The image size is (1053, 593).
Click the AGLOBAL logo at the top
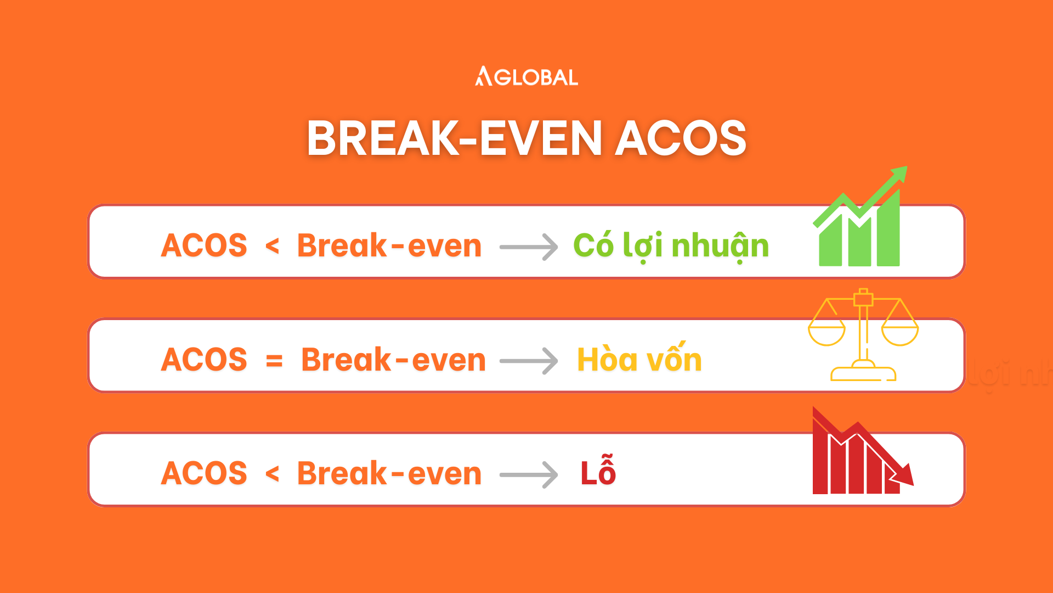(x=526, y=77)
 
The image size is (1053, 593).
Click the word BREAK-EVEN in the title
(x=455, y=138)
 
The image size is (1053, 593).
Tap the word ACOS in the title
(x=681, y=138)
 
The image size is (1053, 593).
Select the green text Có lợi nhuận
(x=671, y=245)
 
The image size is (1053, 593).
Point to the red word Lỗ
(x=598, y=471)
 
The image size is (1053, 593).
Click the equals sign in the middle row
(x=274, y=361)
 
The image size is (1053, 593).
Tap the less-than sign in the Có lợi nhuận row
(x=272, y=245)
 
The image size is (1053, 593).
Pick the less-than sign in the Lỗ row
(x=272, y=473)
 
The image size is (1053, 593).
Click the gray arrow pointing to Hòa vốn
(x=529, y=361)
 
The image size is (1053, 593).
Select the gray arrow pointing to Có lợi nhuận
(x=529, y=247)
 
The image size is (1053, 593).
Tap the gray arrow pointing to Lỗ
(x=529, y=474)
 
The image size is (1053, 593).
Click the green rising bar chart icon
(x=859, y=217)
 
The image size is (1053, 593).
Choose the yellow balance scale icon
(x=863, y=335)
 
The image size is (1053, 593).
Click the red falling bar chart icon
(x=862, y=451)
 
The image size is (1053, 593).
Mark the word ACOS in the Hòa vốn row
(x=204, y=360)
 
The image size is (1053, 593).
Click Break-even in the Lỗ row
(x=389, y=473)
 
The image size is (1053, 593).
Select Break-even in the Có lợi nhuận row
(x=389, y=245)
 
